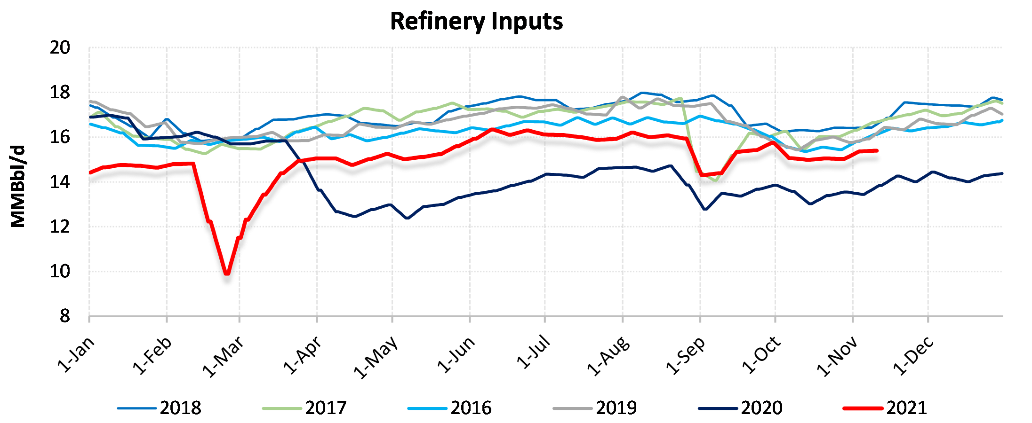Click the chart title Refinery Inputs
coord(476,22)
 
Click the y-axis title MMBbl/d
coord(18,187)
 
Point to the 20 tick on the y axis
coord(60,48)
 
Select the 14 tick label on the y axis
coord(60,182)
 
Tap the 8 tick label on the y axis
coord(64,316)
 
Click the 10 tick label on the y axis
coord(60,272)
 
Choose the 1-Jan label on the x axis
coord(76,354)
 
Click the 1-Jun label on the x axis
coord(456,354)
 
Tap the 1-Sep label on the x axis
coord(686,356)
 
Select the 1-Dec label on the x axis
coord(913,356)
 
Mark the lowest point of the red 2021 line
coord(227,273)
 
